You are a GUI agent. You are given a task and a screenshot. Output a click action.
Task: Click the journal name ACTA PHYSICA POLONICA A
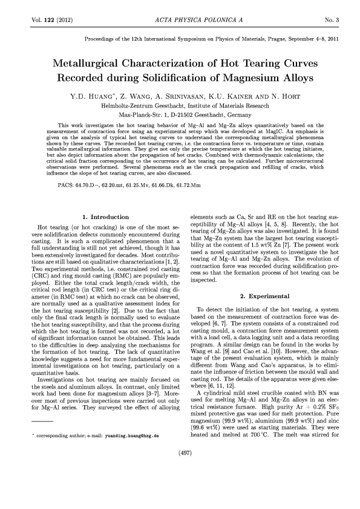point(180,21)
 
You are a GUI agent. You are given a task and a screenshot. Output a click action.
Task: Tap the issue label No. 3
point(330,21)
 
